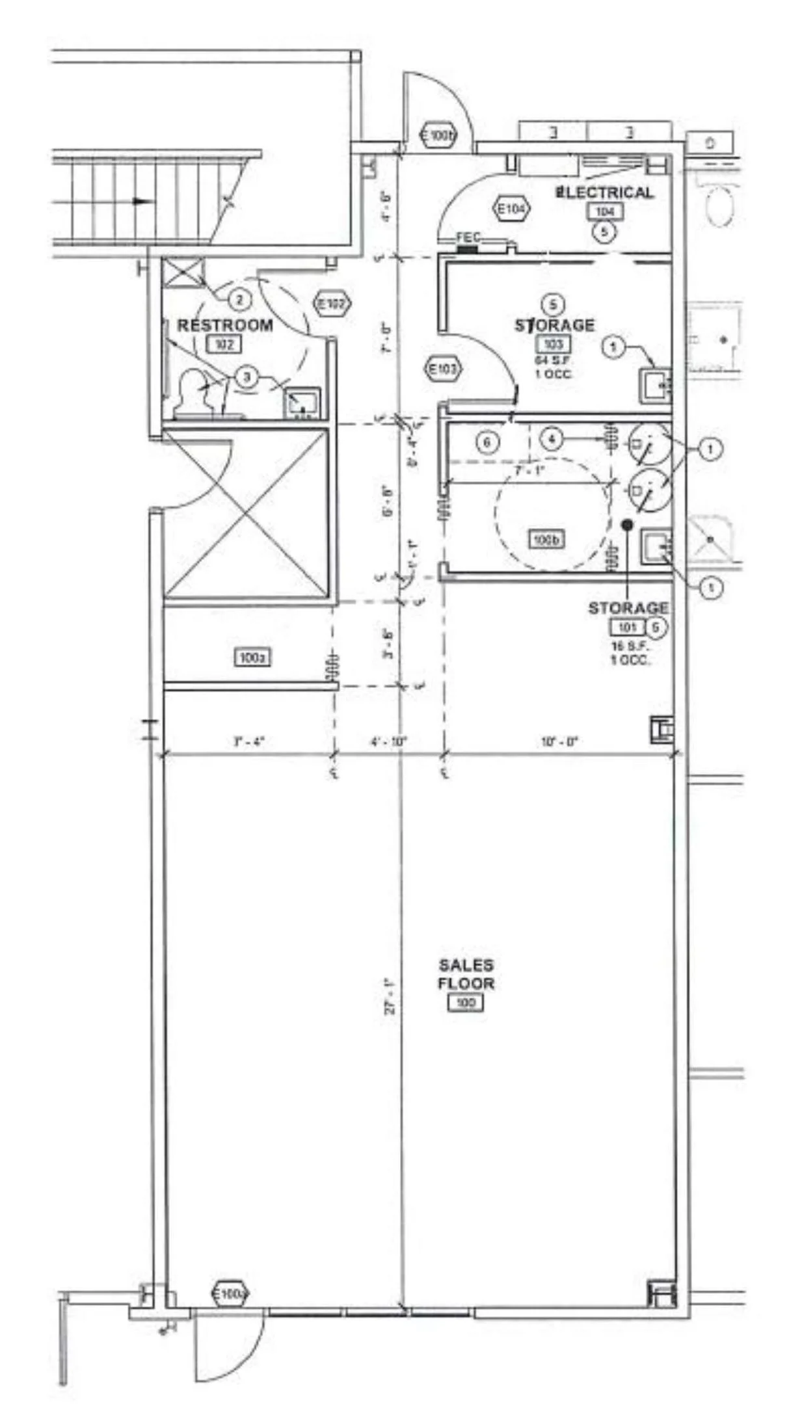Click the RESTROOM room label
click(225, 325)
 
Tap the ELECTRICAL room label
click(605, 192)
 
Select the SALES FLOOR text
click(466, 974)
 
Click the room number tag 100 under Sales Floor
click(466, 1003)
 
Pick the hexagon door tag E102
click(332, 303)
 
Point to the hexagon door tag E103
click(443, 370)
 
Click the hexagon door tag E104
click(513, 209)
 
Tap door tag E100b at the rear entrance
click(440, 136)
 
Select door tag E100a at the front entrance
click(230, 1294)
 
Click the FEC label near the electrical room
click(468, 238)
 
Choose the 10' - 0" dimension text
click(559, 741)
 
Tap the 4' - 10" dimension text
click(389, 741)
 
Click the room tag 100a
click(252, 657)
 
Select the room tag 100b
click(546, 539)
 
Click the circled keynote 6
click(487, 443)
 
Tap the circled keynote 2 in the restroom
click(239, 300)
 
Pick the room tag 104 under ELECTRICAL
click(605, 211)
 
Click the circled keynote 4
click(552, 439)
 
